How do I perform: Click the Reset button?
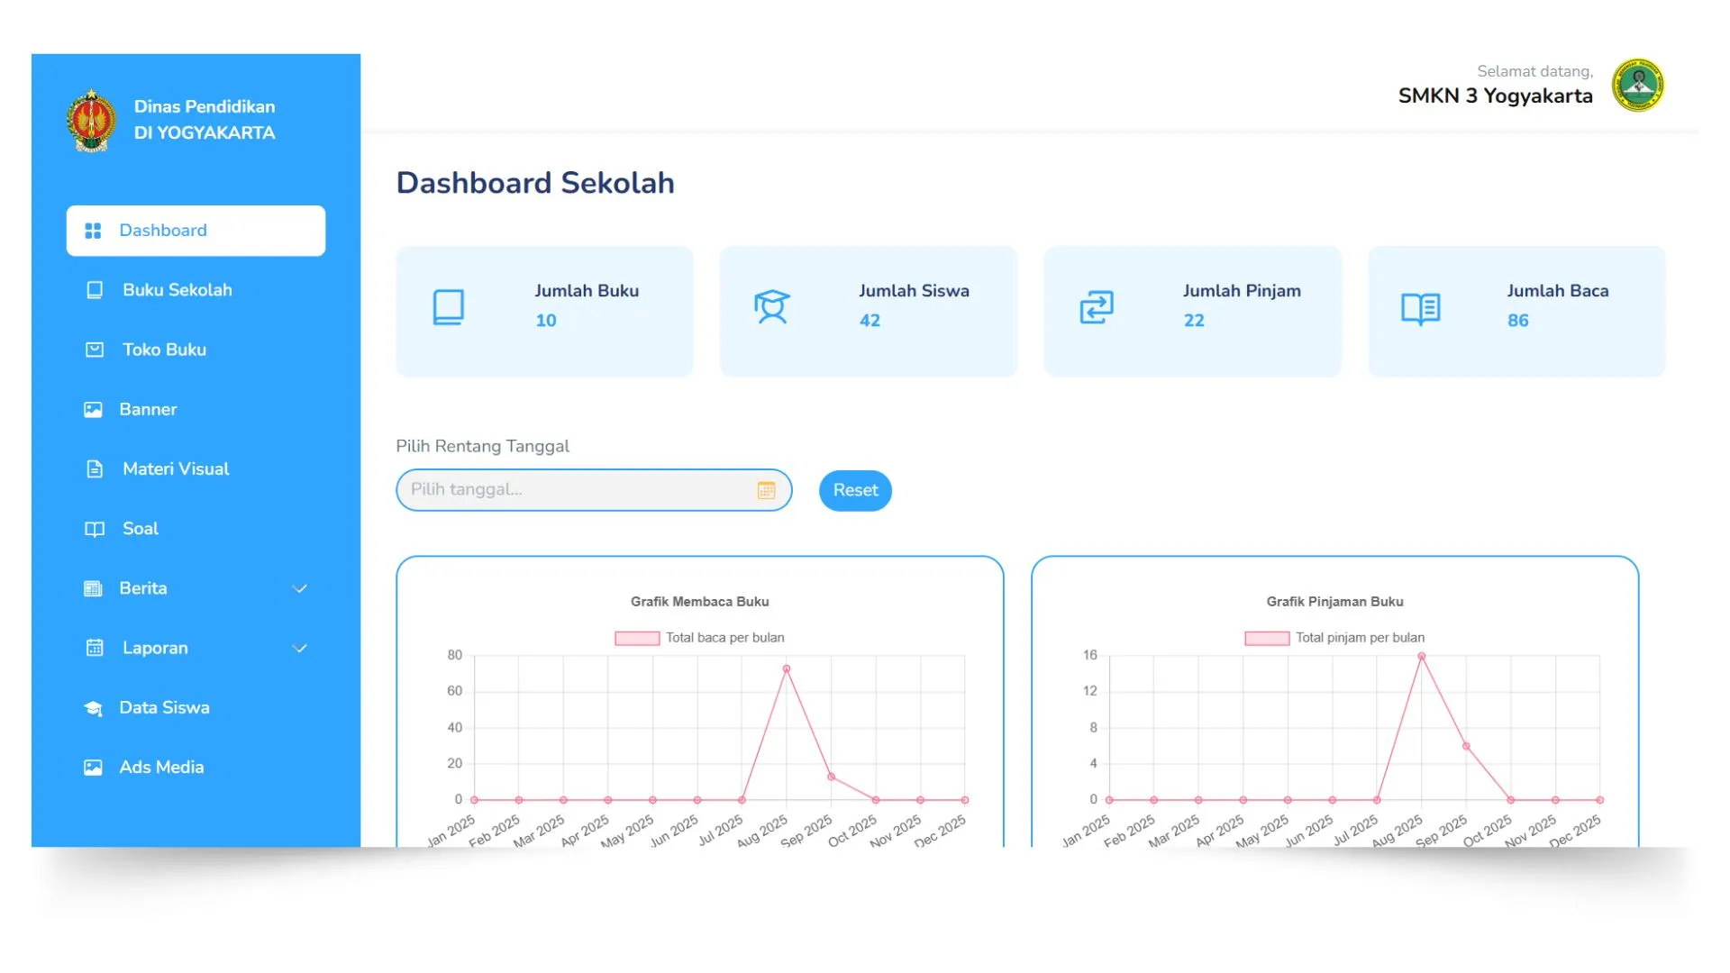(854, 490)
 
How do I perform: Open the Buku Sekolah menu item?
(177, 290)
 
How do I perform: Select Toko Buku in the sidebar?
(164, 350)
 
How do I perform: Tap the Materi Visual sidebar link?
(176, 468)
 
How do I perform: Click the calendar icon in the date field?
(766, 490)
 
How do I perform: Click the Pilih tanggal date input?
(577, 490)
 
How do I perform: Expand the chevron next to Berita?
(300, 588)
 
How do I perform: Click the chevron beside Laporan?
(300, 648)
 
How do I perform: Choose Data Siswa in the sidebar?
(164, 707)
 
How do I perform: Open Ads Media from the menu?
(161, 767)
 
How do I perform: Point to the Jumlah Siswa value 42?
(870, 321)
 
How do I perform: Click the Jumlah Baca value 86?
(1518, 321)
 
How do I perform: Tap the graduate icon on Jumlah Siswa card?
(772, 307)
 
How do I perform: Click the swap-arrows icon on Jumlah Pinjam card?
(1097, 307)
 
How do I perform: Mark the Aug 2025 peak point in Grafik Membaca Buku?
(787, 669)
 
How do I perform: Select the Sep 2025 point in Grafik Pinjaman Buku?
(1466, 746)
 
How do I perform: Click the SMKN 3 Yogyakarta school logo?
(1638, 86)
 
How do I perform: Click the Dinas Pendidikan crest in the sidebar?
(91, 120)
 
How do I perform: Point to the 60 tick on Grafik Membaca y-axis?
(455, 691)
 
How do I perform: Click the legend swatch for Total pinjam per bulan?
(1266, 638)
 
